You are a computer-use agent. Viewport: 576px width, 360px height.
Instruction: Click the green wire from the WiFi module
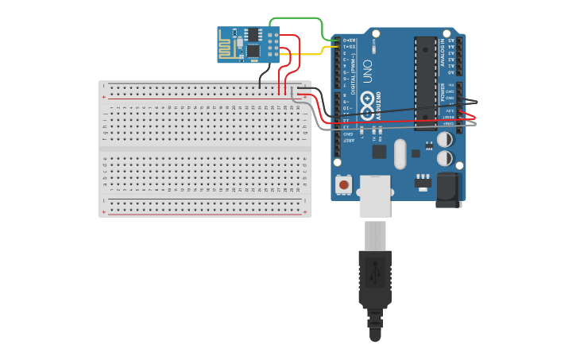298,18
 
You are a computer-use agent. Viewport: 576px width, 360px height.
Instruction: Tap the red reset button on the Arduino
343,184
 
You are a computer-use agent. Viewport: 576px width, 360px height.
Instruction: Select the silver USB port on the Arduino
375,196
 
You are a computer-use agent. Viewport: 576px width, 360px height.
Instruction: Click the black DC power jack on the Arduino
448,190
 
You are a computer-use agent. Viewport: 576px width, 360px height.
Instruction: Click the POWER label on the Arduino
443,92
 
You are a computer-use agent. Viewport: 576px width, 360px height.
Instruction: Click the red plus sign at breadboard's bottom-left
104,212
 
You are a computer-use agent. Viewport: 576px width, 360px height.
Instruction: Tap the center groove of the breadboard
204,149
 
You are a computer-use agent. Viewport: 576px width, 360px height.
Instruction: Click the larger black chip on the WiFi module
253,50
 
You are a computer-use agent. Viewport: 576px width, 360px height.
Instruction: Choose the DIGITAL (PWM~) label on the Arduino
354,67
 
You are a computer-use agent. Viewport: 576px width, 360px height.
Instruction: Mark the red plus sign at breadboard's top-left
104,96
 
